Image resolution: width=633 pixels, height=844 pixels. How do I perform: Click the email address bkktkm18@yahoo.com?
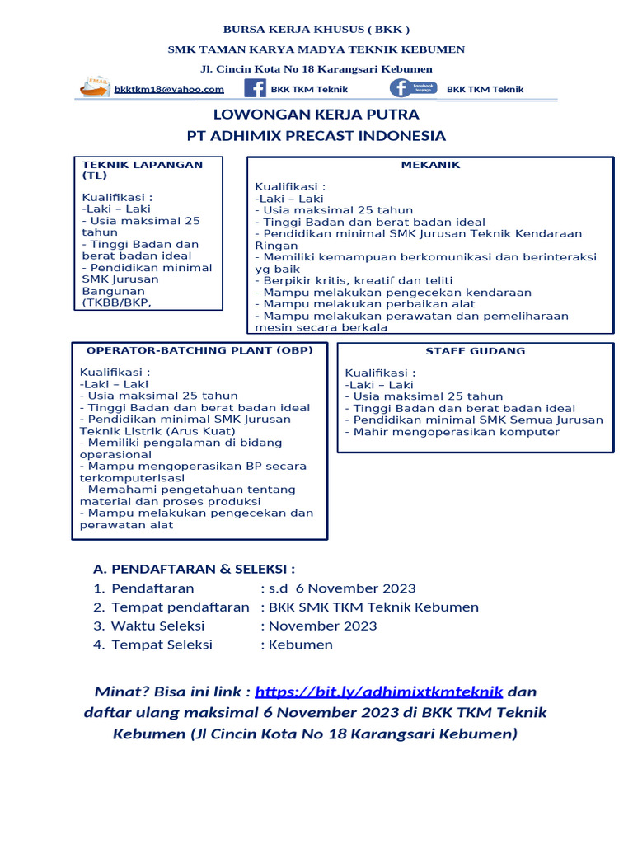click(x=169, y=89)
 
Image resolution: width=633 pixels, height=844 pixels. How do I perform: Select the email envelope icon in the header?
click(x=95, y=87)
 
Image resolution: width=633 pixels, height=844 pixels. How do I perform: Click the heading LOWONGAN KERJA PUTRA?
click(x=316, y=114)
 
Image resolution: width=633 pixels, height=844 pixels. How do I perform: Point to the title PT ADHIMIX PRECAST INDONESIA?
click(x=316, y=136)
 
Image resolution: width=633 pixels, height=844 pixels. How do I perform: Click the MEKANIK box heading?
click(x=430, y=165)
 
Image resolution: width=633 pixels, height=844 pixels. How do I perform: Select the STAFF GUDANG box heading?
click(x=475, y=351)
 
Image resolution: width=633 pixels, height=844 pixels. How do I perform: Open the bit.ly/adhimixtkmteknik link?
click(x=378, y=692)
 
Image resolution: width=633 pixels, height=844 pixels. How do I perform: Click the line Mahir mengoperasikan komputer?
click(x=452, y=432)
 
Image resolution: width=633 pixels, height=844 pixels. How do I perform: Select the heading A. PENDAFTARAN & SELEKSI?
click(x=195, y=569)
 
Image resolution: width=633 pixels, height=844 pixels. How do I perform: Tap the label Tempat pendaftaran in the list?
click(x=180, y=607)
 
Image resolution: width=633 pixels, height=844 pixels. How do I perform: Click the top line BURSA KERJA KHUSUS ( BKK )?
click(x=316, y=30)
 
